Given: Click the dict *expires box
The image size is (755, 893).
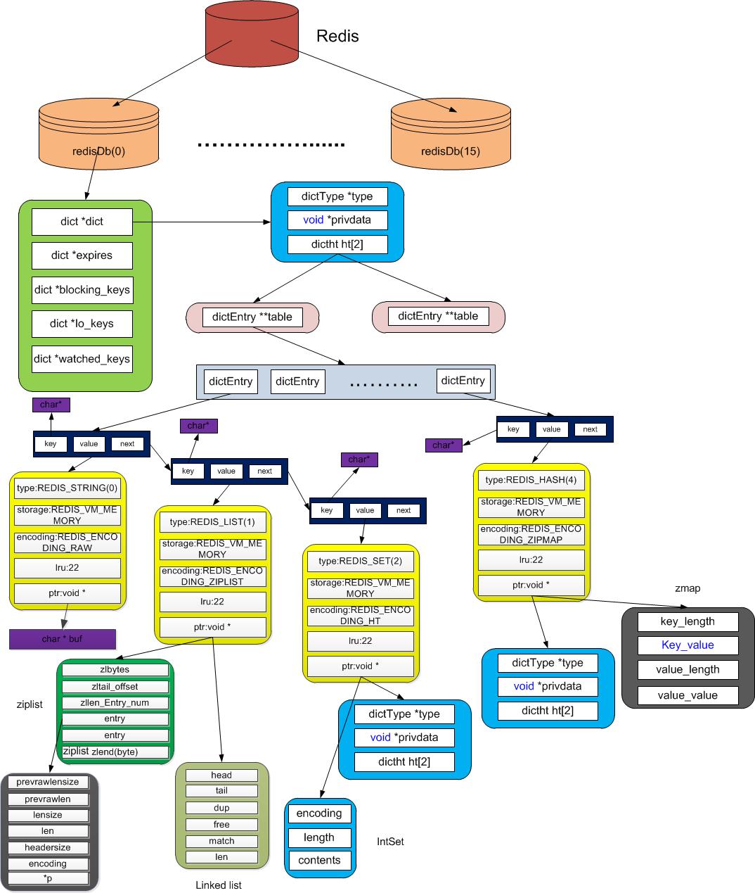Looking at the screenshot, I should point(82,255).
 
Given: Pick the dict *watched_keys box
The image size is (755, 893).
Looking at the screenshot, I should point(82,359).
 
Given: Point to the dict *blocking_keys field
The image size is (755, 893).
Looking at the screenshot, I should point(82,290).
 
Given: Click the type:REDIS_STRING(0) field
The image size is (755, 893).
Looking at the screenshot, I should point(67,488).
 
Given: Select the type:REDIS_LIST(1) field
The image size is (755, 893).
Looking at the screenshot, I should point(212,522).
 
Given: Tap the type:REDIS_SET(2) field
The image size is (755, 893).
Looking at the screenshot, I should point(361,561).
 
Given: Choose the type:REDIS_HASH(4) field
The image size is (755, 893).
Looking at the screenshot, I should point(531,480).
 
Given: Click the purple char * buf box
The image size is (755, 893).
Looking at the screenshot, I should point(62,639).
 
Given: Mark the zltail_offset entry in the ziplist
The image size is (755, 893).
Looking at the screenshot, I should point(115,686).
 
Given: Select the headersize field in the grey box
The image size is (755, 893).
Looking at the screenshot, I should point(48,847).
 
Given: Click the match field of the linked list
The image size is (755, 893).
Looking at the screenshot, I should point(221,841).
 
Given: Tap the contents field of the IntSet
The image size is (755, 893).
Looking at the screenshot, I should point(319,860).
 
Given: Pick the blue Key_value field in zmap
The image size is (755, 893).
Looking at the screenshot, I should point(688,645).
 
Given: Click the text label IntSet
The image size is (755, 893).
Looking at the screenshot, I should point(390,842).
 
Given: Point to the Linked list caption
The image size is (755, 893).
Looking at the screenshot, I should point(219,885).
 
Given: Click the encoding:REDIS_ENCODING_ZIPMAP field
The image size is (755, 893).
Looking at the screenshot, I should point(531,534).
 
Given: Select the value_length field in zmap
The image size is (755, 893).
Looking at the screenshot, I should point(688,669).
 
